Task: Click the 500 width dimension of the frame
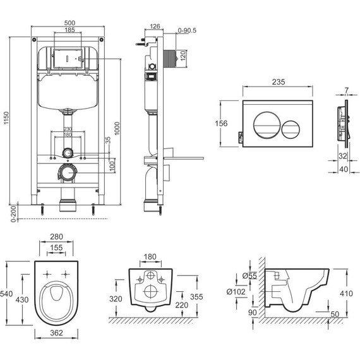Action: coord(69,23)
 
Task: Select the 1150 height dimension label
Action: coord(6,118)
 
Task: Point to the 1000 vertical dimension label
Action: coord(117,129)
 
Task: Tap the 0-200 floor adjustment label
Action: coord(13,214)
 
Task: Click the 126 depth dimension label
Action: coord(155,27)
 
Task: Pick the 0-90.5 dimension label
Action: coord(187,30)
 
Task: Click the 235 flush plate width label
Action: coord(279,81)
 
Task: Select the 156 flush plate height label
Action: coord(221,124)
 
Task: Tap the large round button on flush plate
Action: coord(267,125)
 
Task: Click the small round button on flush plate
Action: coord(291,129)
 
